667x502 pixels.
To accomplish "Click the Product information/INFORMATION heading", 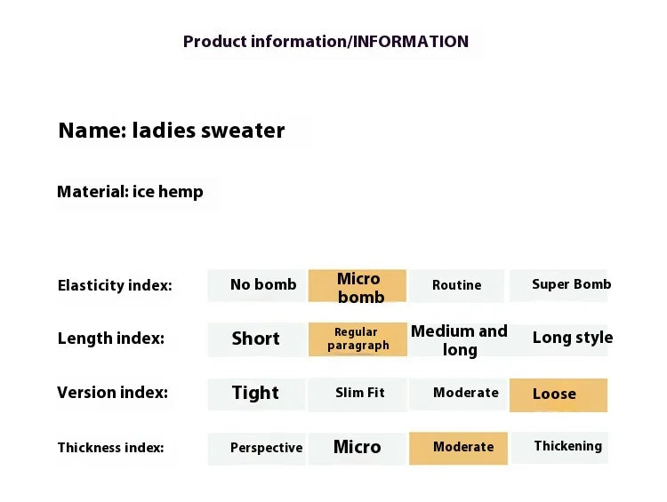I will tap(325, 42).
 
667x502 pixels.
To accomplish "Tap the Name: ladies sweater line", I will tap(172, 131).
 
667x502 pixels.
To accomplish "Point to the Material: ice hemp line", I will tap(130, 192).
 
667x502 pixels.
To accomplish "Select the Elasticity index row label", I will tap(115, 285).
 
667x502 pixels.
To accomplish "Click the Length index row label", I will tap(110, 339).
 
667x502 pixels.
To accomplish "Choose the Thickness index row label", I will tap(110, 448).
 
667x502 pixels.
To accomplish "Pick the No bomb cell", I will tap(258, 285).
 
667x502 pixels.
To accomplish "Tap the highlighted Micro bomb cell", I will tap(358, 286).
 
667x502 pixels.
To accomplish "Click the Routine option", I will tap(457, 285).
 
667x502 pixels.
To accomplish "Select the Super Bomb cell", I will tap(559, 285).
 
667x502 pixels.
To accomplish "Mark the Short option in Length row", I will tap(256, 339).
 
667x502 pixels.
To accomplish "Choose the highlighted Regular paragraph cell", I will tap(358, 339).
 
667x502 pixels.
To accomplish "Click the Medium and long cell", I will tap(459, 339).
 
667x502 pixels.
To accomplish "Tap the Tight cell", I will tap(256, 394).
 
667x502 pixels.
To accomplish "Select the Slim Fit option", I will tap(359, 393).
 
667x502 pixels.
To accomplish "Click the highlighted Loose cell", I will tap(558, 394).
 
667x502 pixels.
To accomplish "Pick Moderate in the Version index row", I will tap(459, 393).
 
